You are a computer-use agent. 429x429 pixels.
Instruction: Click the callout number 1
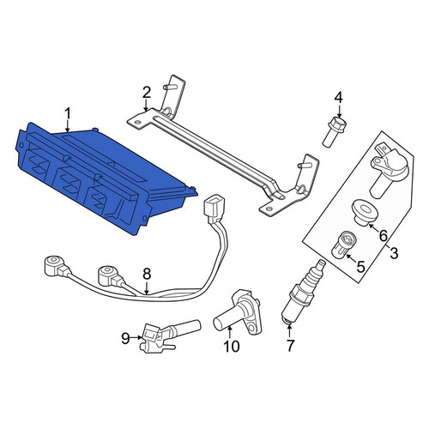tap(68, 113)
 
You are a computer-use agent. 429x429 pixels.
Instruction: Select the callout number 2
tap(146, 93)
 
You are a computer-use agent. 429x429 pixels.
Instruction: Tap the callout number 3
tap(394, 252)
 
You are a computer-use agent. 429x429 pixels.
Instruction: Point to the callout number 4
tap(338, 98)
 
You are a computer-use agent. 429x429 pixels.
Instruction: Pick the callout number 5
tap(361, 267)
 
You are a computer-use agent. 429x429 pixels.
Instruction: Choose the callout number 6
tap(383, 236)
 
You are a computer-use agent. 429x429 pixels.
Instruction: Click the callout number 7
tap(290, 346)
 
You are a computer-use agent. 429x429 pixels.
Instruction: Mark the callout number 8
tap(147, 274)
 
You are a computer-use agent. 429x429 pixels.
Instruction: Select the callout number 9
tap(125, 339)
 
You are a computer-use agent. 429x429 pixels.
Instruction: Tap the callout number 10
tap(232, 347)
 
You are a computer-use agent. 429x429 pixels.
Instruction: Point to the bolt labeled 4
tap(335, 132)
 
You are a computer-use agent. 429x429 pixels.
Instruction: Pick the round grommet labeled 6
tap(365, 212)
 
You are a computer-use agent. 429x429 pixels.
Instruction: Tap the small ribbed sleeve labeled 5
tap(343, 243)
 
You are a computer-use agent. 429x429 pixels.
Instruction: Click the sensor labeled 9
tap(169, 335)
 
